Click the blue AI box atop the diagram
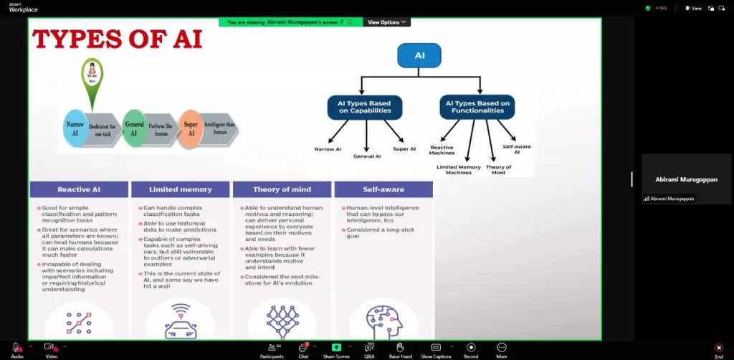(419, 55)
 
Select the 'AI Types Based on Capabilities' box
(364, 107)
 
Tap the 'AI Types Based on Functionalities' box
(477, 107)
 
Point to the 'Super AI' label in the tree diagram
(404, 148)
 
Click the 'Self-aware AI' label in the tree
(516, 148)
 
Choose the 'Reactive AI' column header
(79, 189)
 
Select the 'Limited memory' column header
(181, 189)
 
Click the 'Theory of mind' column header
(282, 189)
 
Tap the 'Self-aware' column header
(383, 189)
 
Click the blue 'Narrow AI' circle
(75, 129)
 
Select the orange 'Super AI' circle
(190, 129)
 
